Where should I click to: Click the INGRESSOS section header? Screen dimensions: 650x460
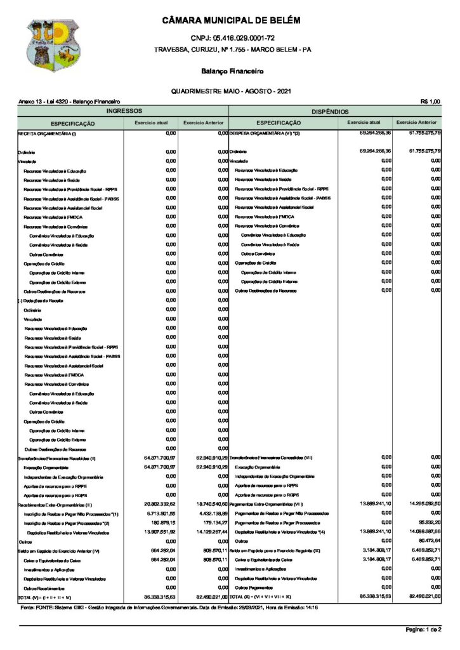123,110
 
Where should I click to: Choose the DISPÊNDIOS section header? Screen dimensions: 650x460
334,110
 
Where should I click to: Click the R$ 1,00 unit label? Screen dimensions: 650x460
430,102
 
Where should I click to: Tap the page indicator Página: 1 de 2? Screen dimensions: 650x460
423,629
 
